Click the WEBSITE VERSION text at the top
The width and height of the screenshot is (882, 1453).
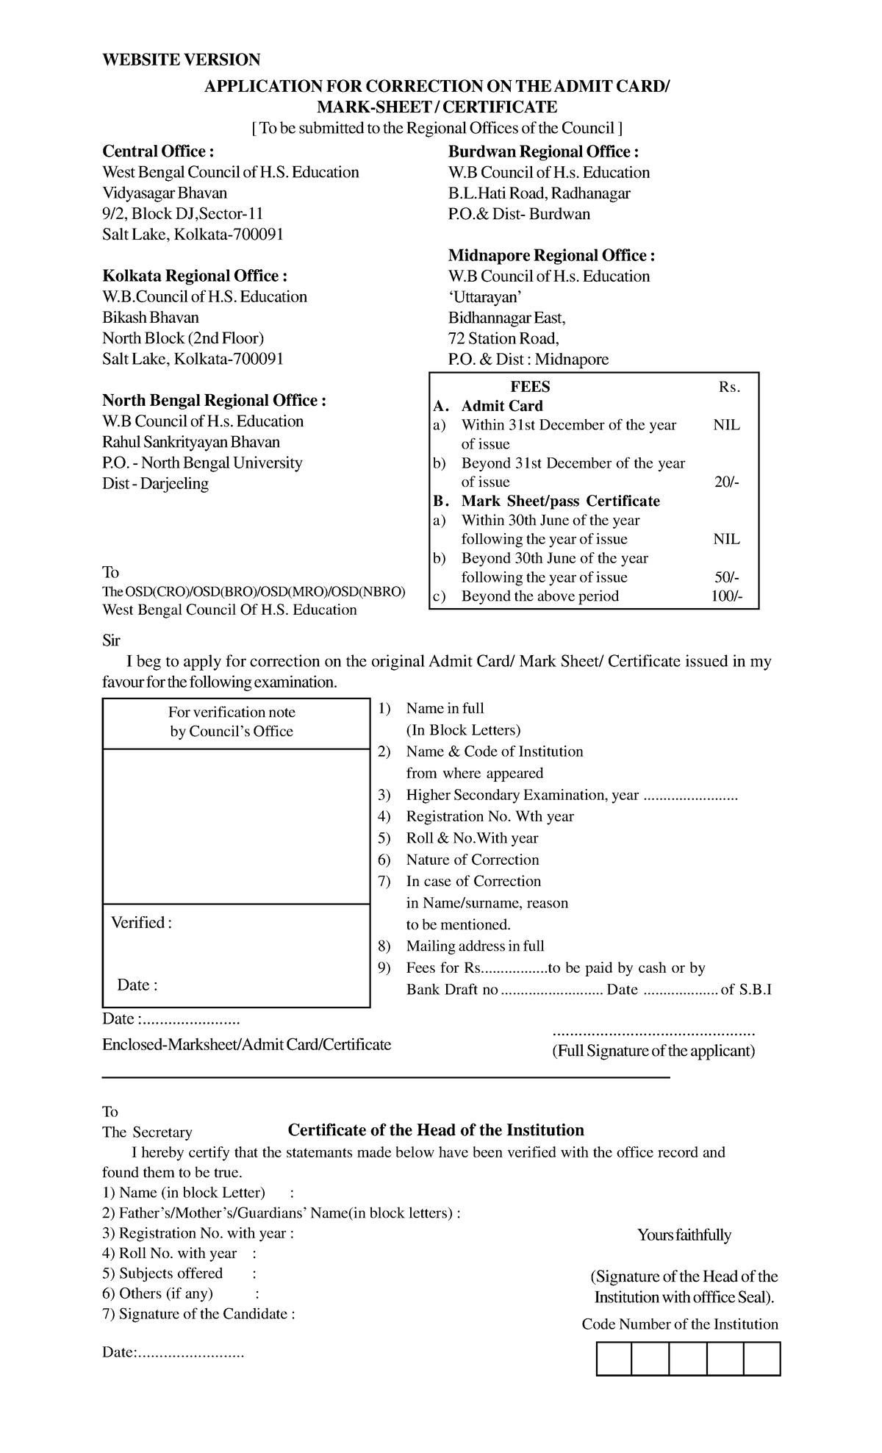181,60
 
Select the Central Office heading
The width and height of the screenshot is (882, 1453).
158,151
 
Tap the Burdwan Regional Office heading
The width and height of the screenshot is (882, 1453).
543,151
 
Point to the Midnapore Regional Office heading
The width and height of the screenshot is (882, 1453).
551,255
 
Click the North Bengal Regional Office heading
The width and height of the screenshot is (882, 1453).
213,400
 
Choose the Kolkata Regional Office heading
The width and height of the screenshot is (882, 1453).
195,276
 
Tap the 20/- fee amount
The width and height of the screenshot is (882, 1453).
726,482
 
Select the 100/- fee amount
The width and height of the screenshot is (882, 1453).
726,596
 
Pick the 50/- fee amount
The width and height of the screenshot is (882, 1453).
726,577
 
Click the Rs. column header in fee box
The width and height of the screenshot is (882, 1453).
729,388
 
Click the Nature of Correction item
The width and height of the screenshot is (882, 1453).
472,860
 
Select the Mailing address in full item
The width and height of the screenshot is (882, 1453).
475,946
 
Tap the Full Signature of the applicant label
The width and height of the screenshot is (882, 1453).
653,1050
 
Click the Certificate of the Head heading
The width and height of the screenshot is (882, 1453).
436,1130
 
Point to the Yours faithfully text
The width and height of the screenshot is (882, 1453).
684,1235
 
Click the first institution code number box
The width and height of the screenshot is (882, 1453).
614,1358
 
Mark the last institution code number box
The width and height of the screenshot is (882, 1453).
761,1358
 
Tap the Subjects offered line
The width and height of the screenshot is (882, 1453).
171,1274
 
